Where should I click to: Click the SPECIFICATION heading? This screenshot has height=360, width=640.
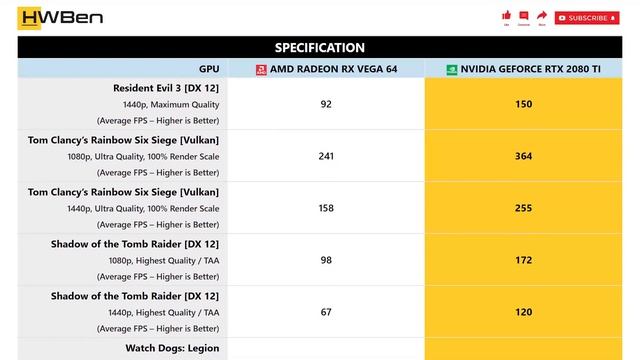320,47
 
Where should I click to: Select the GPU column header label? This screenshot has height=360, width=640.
208,69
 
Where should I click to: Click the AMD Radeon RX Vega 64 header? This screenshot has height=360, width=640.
326,69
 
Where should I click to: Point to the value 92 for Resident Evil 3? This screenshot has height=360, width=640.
326,104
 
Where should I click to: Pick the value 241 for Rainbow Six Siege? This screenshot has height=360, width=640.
326,156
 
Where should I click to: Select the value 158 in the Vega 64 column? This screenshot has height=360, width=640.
326,208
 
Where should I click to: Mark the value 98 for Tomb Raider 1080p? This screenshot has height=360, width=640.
326,260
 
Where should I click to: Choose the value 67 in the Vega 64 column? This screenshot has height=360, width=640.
326,312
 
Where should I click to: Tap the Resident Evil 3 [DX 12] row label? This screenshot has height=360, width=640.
166,88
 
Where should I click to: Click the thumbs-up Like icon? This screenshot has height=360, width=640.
507,15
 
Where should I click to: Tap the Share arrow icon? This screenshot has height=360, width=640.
541,15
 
